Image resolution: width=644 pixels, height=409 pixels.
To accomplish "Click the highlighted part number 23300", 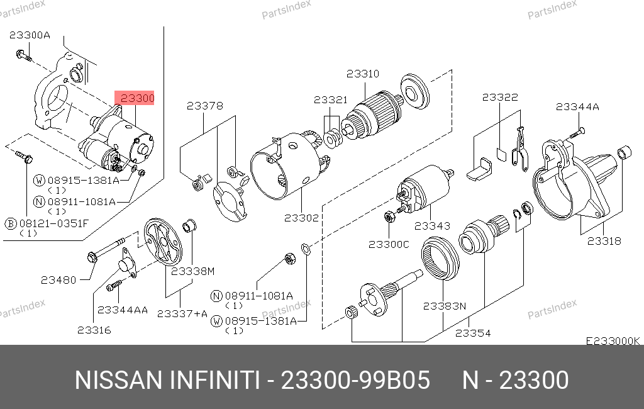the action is click(137, 98).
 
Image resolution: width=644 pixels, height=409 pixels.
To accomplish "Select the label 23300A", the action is click(30, 35).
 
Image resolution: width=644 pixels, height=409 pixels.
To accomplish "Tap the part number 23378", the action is click(205, 106).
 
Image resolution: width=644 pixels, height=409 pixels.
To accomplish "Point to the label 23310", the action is click(363, 74).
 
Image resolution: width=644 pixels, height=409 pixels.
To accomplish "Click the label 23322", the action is click(500, 97).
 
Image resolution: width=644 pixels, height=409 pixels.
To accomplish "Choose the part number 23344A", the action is click(577, 107).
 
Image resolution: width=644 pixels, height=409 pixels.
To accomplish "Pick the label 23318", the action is click(604, 241).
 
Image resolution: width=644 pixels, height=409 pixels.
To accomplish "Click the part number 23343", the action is click(432, 226).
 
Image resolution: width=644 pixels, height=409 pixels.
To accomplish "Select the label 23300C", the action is click(389, 245).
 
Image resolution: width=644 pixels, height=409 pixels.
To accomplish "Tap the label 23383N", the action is click(445, 306).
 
